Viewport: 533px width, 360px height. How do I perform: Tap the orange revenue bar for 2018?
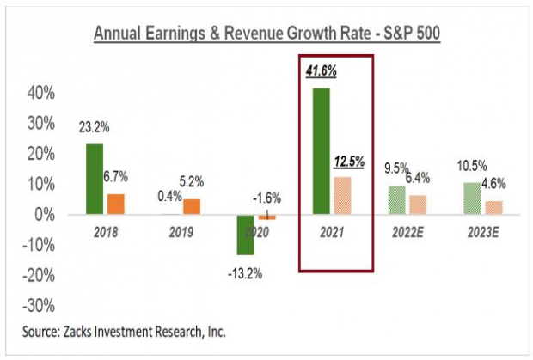pyautogui.click(x=115, y=204)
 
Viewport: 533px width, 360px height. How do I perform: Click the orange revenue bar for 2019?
pyautogui.click(x=192, y=207)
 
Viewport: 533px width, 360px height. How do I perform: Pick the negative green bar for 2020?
pyautogui.click(x=246, y=235)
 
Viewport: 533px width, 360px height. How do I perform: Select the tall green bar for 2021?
pyautogui.click(x=322, y=151)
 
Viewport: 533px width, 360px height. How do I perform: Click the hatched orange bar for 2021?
pyautogui.click(x=342, y=196)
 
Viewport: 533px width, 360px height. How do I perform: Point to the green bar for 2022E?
pyautogui.click(x=397, y=200)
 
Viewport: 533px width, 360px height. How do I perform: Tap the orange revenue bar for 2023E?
pyautogui.click(x=493, y=208)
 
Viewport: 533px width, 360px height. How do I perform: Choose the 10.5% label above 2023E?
pyautogui.click(x=471, y=167)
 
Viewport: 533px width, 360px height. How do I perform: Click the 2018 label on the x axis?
pyautogui.click(x=105, y=232)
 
